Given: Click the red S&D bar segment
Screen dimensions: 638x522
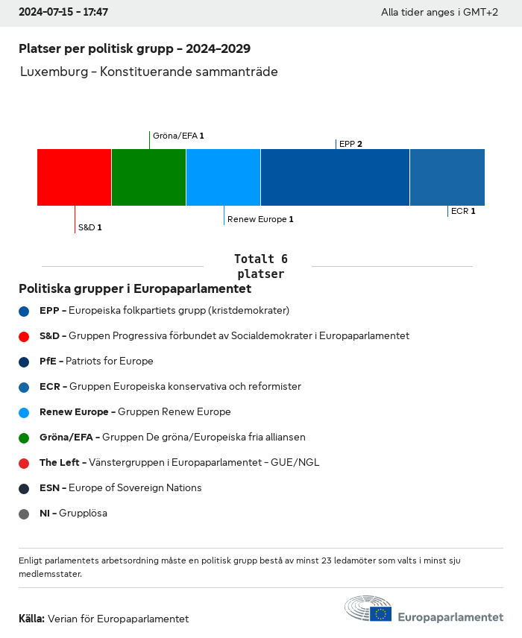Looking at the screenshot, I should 74,177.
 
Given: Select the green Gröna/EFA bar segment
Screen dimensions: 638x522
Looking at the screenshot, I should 148,177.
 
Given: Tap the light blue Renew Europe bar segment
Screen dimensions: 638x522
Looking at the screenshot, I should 223,177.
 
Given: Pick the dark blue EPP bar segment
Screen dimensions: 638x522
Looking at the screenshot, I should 335,177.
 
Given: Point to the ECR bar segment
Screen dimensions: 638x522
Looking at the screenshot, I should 447,177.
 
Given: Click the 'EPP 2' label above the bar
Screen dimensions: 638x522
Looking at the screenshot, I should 350,144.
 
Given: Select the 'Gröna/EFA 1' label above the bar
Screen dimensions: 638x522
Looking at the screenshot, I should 178,136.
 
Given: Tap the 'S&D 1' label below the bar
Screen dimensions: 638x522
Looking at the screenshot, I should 89,227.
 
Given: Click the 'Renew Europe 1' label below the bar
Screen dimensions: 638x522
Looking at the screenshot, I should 260,219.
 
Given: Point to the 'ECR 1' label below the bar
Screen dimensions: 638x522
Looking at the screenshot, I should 463,211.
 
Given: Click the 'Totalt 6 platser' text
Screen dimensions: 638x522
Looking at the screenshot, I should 260,266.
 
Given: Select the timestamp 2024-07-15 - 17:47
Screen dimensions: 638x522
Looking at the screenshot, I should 63,13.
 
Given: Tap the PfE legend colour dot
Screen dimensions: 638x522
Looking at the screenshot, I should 24,361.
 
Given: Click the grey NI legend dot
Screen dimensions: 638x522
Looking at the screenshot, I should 24,514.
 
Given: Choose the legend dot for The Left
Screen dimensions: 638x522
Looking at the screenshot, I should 24,463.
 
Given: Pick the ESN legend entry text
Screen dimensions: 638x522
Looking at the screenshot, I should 120,488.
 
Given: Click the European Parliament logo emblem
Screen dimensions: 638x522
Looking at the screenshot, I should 368,609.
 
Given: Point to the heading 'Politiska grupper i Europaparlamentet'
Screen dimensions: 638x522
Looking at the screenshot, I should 135,288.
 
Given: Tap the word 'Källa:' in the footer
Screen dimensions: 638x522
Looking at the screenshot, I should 31,619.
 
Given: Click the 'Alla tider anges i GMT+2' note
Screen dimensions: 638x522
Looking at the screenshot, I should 439,13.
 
